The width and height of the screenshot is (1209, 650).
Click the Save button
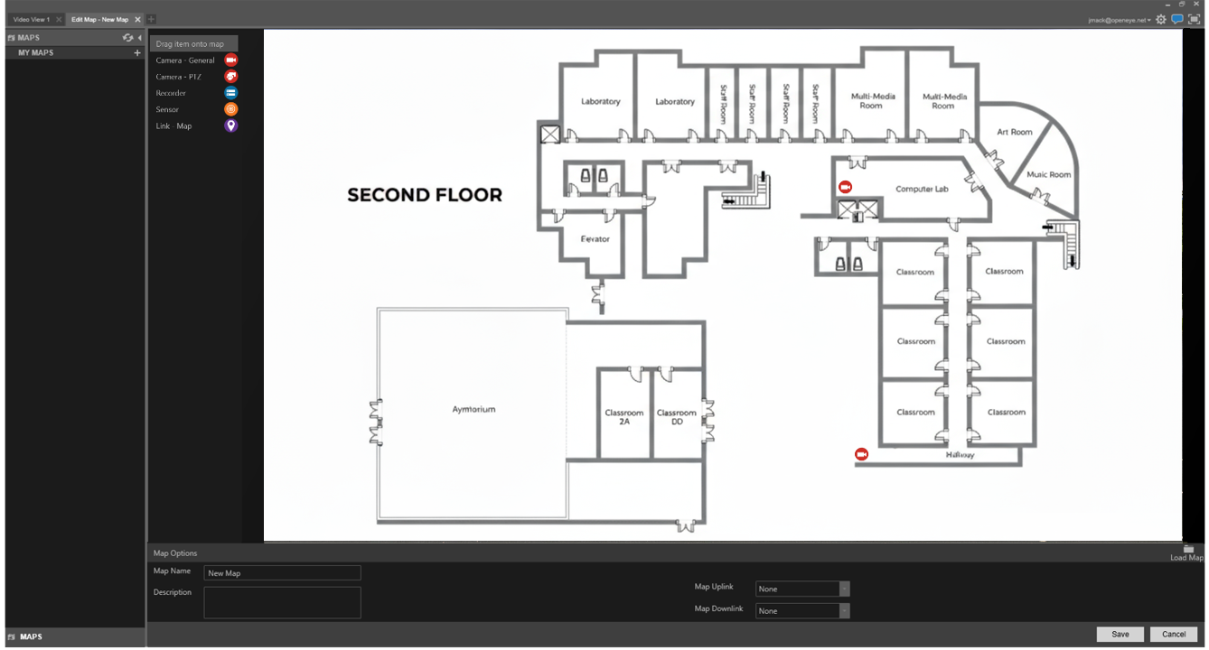1120,634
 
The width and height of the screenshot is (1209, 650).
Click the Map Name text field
282,573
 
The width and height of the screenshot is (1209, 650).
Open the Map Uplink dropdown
802,589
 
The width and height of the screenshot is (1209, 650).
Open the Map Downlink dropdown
802,611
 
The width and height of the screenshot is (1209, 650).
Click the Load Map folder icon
1188,549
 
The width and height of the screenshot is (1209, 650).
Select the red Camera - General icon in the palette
231,60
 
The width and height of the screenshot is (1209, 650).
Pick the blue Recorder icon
231,93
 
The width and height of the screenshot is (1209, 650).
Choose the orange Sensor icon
231,109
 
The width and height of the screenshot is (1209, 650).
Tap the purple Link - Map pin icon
231,126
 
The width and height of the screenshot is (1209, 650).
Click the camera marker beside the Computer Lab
846,187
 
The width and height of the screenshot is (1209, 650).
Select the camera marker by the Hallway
861,454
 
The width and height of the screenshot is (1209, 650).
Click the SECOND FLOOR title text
425,195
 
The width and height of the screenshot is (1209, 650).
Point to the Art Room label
1014,132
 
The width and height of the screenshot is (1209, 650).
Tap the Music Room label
1048,174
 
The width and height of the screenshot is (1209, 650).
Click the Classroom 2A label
624,417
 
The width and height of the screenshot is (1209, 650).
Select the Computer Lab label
922,190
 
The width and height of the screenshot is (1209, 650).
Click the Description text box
282,602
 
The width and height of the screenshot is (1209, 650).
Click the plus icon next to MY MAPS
137,53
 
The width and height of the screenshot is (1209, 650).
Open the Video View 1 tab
32,19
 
